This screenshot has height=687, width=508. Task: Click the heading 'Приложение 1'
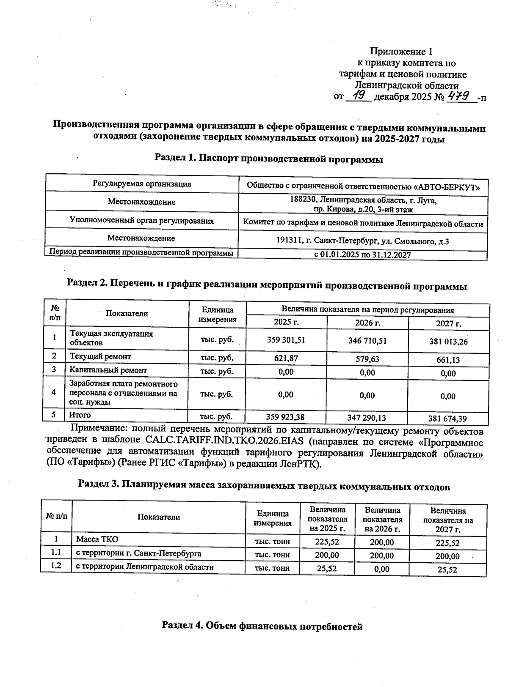[401, 52]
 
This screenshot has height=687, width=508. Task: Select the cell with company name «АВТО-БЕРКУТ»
[363, 186]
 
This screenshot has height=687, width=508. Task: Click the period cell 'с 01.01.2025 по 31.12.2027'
[362, 255]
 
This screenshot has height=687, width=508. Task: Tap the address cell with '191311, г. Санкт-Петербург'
[362, 241]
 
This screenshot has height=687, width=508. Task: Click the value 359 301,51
[286, 340]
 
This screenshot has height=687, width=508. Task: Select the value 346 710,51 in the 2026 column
[367, 340]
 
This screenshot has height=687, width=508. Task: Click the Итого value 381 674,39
[448, 419]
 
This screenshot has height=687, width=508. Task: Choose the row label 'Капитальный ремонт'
[108, 370]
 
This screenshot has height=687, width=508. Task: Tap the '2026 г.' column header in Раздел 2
[367, 323]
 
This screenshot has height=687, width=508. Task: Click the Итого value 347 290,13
[367, 418]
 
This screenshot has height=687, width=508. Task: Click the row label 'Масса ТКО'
[97, 539]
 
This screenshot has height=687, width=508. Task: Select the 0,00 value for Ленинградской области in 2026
[382, 569]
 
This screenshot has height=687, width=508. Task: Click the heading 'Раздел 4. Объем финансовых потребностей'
[262, 627]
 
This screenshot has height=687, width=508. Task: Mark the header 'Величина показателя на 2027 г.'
[448, 520]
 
